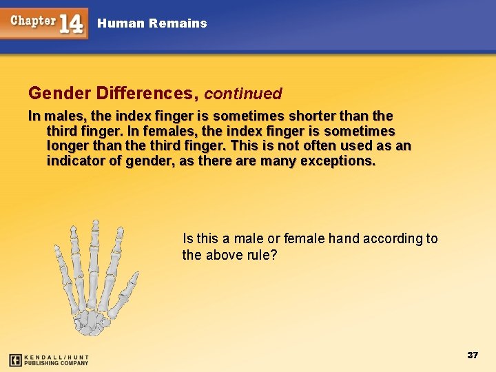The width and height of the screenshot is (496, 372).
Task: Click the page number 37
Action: [473, 355]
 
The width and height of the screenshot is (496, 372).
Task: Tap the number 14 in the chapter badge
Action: [72, 23]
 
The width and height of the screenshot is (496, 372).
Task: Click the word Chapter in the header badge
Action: [33, 21]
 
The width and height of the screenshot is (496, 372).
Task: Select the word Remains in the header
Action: [181, 23]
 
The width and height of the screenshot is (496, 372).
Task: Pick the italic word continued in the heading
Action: [243, 93]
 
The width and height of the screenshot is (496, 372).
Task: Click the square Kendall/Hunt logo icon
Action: [15, 360]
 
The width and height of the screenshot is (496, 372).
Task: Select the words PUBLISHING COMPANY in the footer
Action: [56, 363]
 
